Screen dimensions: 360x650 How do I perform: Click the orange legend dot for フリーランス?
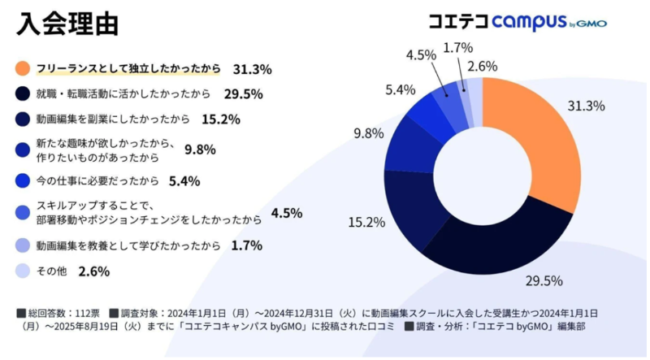[x=23, y=67]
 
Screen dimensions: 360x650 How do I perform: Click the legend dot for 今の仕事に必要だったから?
[x=23, y=180]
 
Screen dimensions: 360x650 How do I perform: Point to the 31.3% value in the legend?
[x=252, y=68]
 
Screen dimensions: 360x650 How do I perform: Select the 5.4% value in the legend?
[x=184, y=180]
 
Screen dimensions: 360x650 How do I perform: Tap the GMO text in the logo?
[x=594, y=24]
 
